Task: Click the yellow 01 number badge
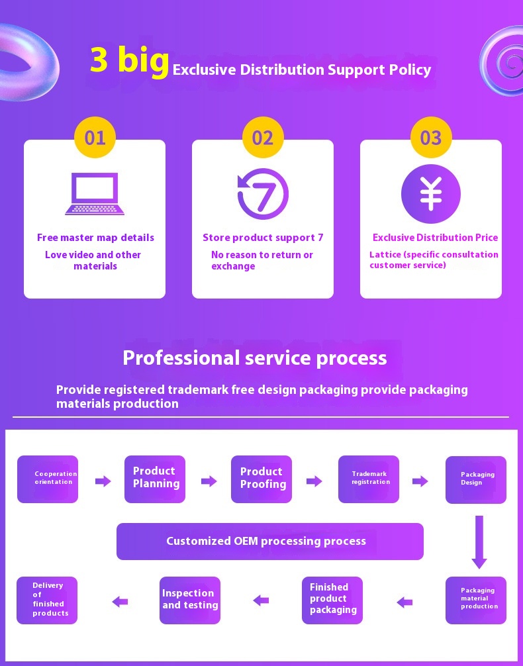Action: (x=95, y=138)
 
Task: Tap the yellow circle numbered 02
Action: (x=263, y=138)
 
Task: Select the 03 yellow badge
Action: (x=430, y=138)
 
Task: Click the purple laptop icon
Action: (x=95, y=194)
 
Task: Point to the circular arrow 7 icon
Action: (x=263, y=194)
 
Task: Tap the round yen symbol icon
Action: (x=430, y=194)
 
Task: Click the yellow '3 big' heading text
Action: (x=129, y=60)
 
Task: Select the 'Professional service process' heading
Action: (x=255, y=358)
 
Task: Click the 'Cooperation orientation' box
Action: (x=48, y=479)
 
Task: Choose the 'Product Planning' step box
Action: (x=155, y=479)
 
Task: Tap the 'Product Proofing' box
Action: (x=261, y=479)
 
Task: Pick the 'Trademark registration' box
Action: (x=369, y=479)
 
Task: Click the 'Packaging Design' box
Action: (x=476, y=479)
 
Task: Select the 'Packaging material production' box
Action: (x=476, y=600)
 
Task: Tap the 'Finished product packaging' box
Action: (x=332, y=600)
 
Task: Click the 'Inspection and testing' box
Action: (x=190, y=600)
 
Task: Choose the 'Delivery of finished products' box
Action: (x=47, y=600)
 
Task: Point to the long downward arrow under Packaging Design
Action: (x=479, y=542)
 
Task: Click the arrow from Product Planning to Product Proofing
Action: (x=209, y=481)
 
